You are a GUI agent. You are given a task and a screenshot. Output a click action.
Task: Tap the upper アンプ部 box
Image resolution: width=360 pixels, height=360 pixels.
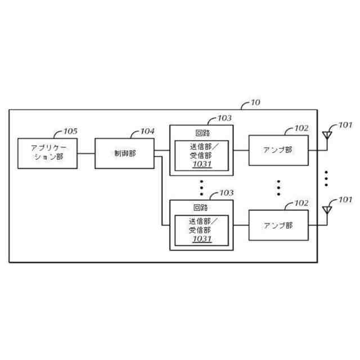278,150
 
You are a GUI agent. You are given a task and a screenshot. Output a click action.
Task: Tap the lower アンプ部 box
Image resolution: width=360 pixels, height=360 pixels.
278,226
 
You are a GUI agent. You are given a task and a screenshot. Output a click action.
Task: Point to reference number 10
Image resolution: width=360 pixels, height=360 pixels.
254,103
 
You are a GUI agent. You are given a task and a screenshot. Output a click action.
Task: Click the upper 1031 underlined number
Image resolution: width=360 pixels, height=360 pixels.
201,164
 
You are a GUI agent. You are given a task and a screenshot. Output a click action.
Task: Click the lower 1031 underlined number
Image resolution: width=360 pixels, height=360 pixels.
201,239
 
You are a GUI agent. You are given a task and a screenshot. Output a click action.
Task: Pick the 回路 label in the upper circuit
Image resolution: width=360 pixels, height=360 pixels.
201,133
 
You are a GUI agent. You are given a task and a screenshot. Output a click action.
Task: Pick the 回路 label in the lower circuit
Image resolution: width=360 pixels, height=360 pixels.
201,207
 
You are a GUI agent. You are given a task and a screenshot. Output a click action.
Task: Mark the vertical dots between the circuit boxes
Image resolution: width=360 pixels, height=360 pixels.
201,187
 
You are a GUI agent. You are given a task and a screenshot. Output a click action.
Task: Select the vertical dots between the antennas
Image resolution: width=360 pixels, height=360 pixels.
326,178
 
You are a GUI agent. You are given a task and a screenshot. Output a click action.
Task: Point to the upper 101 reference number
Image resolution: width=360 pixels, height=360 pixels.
344,125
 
